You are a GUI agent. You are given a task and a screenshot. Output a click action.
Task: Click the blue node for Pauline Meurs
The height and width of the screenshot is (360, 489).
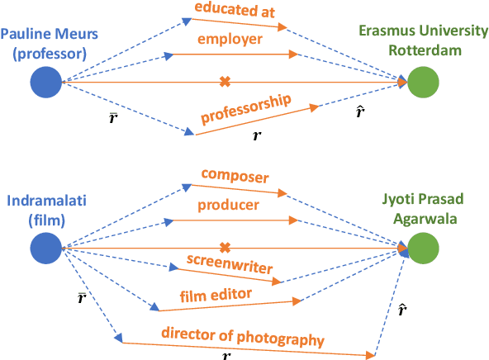pos(46,83)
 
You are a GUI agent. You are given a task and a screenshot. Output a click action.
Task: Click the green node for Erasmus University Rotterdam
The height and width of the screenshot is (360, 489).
pos(422,83)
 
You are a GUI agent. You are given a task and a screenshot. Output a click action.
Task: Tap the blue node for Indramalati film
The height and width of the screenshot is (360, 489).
pos(46,247)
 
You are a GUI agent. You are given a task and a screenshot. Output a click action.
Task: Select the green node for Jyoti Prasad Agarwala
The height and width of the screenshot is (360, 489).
pos(422,247)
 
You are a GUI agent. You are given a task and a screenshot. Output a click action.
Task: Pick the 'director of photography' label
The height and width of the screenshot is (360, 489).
pos(243,338)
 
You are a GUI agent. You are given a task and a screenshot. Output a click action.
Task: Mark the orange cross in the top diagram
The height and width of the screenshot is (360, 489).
pos(224,81)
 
